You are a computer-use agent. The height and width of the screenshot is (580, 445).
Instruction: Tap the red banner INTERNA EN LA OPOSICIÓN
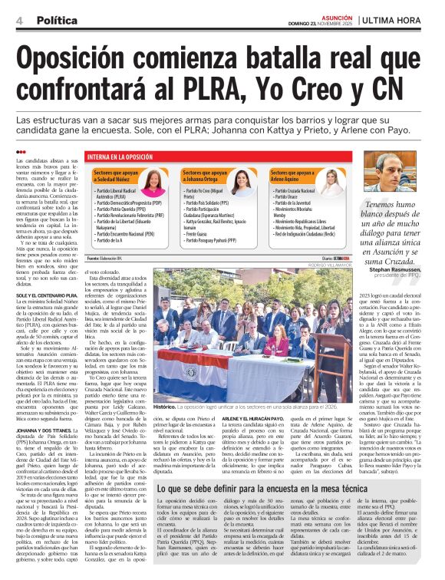[x=127, y=157]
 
